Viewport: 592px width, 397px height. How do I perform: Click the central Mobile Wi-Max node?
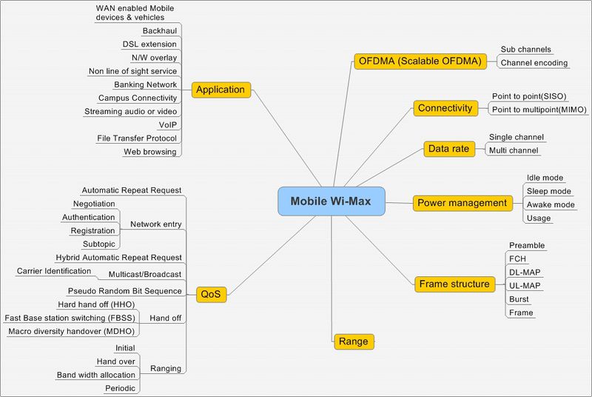[x=332, y=201]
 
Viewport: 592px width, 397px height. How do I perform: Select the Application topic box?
[x=220, y=90]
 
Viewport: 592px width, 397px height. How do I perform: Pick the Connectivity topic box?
[x=444, y=108]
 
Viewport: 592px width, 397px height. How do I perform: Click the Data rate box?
[x=448, y=149]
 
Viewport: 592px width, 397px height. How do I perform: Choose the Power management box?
[x=462, y=202]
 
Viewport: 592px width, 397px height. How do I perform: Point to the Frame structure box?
[x=454, y=284]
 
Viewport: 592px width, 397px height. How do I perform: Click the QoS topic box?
[x=211, y=293]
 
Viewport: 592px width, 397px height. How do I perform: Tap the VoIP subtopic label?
[x=167, y=124]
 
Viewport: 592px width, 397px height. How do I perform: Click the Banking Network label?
[x=145, y=84]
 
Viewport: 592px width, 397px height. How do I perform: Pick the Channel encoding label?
[x=534, y=63]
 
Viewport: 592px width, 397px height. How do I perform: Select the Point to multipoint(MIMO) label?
[x=539, y=110]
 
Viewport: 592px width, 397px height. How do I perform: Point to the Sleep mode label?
[x=548, y=191]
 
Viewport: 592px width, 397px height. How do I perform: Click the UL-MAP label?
[x=525, y=286]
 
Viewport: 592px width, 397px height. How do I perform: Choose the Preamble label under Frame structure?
[x=527, y=245]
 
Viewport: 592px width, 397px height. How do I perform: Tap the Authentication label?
[x=89, y=217]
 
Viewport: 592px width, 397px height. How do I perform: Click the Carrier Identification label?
[x=54, y=271]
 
